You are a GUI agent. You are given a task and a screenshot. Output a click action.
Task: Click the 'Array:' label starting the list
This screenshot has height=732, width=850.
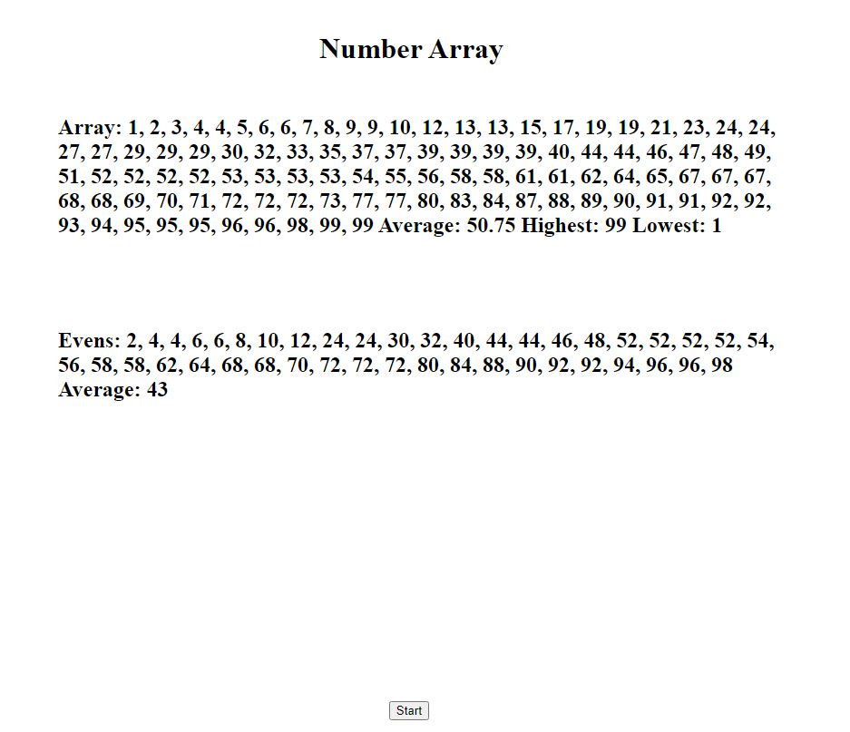(89, 127)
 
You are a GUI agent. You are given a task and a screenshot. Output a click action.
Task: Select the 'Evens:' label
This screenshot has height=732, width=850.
(89, 341)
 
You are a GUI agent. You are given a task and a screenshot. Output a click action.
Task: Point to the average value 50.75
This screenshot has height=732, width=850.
(491, 226)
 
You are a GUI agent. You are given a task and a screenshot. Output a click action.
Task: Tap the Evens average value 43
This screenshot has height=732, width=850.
(156, 390)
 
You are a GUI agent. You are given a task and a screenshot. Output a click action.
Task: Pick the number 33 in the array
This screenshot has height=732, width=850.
(300, 151)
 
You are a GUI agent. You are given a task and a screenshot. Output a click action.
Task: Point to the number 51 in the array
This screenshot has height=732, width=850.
(69, 177)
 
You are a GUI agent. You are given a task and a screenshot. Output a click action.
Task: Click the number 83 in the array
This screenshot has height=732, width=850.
(461, 201)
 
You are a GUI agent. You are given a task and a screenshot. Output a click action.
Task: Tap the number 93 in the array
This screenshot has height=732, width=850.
(69, 226)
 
